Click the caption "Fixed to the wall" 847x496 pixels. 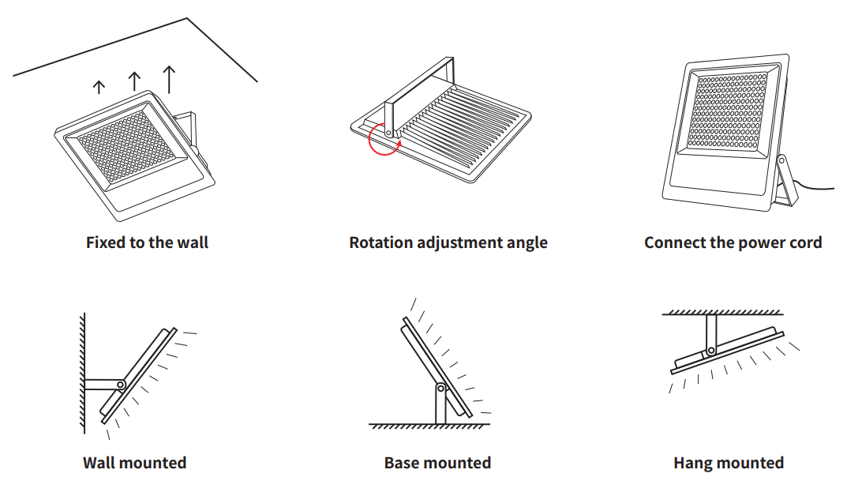point(147,242)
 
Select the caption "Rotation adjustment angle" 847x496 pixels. point(448,242)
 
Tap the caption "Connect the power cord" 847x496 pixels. point(733,242)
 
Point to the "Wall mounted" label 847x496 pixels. point(134,463)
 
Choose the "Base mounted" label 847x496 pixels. point(437,463)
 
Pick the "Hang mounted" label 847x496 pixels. point(729,463)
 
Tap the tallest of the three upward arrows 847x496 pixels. point(169,79)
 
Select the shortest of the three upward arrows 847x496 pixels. point(99,87)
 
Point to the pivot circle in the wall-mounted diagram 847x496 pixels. point(121,385)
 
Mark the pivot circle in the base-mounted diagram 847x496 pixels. point(440,389)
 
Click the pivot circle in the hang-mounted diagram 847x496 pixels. point(711,350)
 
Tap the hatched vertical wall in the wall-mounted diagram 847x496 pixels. point(81,371)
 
